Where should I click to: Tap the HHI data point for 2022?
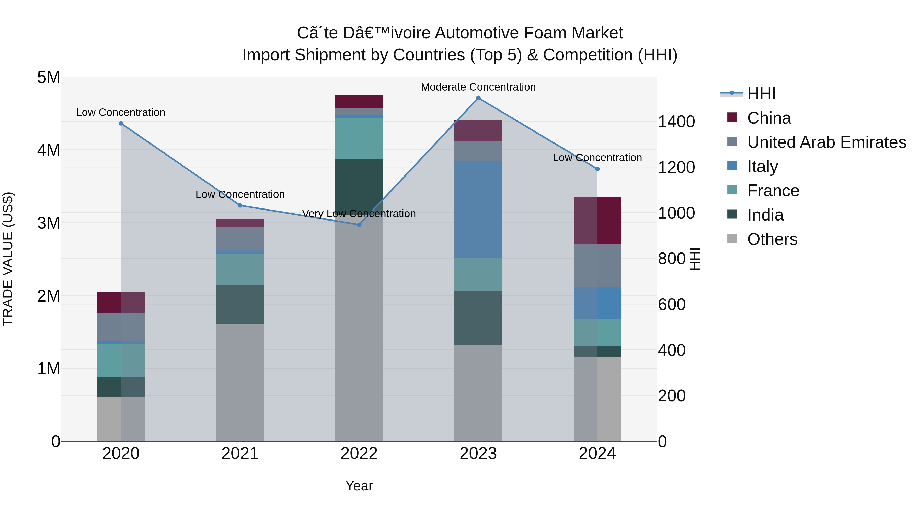pos(359,225)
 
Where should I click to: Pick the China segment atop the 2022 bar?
pos(359,102)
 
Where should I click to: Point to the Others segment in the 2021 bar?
pos(240,382)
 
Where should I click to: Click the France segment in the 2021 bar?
pos(240,269)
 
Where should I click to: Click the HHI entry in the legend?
pos(761,94)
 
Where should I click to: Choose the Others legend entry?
pos(772,239)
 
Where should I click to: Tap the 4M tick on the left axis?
pos(49,150)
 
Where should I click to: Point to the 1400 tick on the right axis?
pos(676,122)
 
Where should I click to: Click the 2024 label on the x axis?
pos(597,454)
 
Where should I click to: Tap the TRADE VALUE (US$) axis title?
pos(8,259)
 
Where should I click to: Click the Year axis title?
pos(359,486)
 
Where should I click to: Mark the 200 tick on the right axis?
pos(671,396)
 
